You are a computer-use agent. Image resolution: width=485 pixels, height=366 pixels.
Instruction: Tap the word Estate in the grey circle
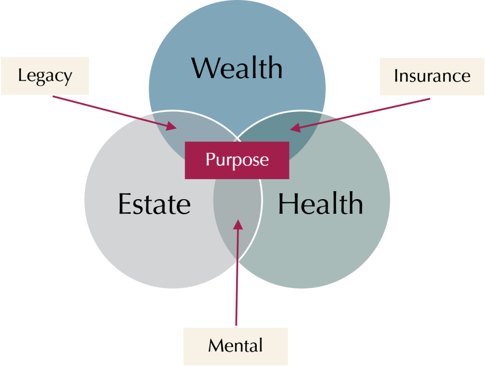click(x=154, y=204)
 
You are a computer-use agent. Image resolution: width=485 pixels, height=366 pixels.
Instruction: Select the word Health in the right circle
click(x=320, y=204)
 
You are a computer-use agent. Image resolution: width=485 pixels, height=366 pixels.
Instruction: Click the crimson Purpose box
click(x=237, y=160)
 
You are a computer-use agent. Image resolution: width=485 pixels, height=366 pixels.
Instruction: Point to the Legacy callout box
click(x=45, y=76)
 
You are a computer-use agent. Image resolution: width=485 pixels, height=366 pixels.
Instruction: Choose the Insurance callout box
click(x=432, y=76)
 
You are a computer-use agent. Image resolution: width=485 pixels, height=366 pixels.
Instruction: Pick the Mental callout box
click(x=235, y=346)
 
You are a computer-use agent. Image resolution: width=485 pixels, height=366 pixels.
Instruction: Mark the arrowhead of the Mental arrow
click(x=238, y=223)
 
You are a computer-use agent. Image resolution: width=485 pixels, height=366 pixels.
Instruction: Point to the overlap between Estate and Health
click(x=237, y=209)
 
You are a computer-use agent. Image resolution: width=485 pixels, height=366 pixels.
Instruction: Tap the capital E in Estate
click(x=124, y=204)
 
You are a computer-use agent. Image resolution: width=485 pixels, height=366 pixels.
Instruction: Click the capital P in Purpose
click(x=209, y=159)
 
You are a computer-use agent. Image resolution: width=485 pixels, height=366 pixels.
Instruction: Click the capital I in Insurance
click(x=396, y=76)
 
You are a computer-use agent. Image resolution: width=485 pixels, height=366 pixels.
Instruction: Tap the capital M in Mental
click(x=215, y=346)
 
